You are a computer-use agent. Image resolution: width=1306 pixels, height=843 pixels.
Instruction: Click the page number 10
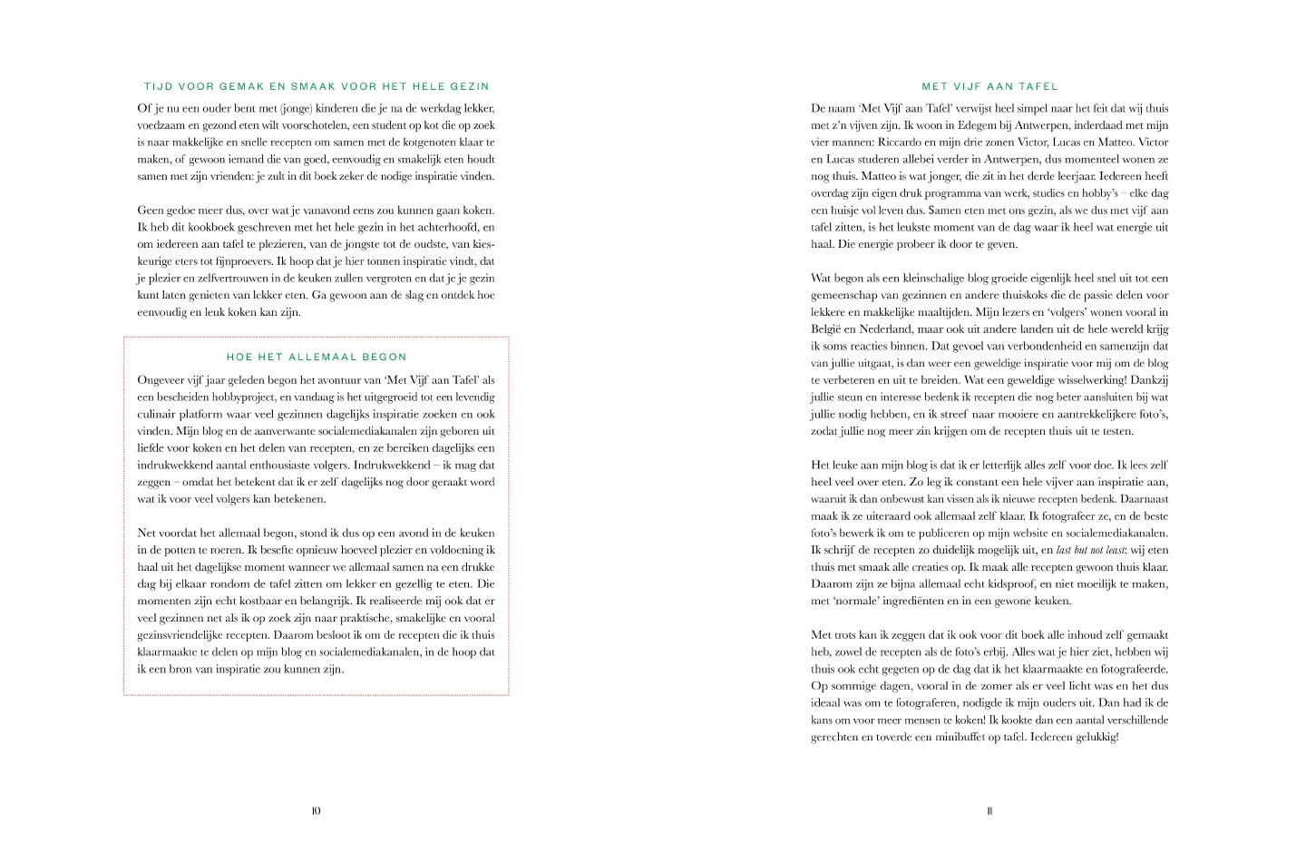point(316,811)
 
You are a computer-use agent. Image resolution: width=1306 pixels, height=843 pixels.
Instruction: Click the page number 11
point(989,811)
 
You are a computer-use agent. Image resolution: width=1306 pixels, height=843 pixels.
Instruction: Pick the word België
point(825,329)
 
